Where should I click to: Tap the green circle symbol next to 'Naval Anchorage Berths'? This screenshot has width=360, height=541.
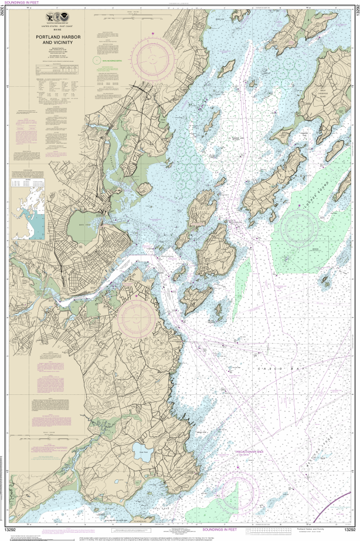(95, 60)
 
